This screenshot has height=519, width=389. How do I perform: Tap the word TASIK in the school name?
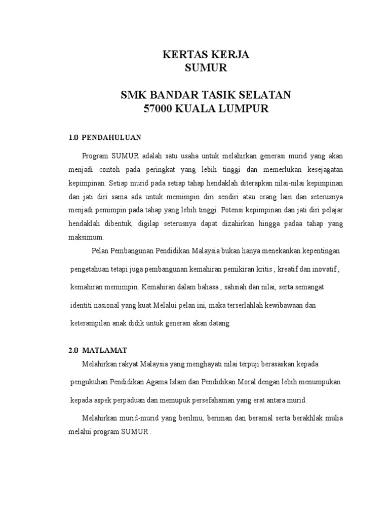[x=222, y=95]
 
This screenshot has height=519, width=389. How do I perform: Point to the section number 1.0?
[x=74, y=137]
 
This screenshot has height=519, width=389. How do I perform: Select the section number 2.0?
[x=74, y=350]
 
